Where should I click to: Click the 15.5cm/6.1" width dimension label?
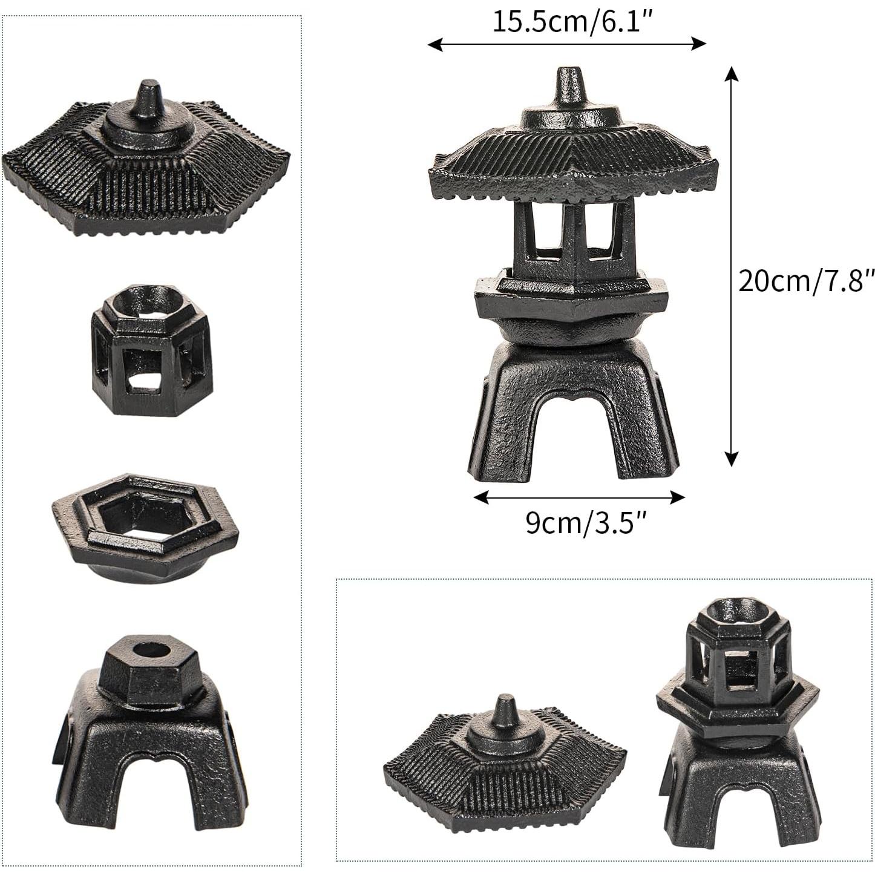[x=571, y=22]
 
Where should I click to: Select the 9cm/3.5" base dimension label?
[x=586, y=522]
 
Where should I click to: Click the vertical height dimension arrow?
[x=731, y=266]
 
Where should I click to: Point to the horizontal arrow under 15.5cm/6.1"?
[x=566, y=44]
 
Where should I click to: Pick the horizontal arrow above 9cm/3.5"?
[x=578, y=497]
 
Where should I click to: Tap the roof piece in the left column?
[x=145, y=163]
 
